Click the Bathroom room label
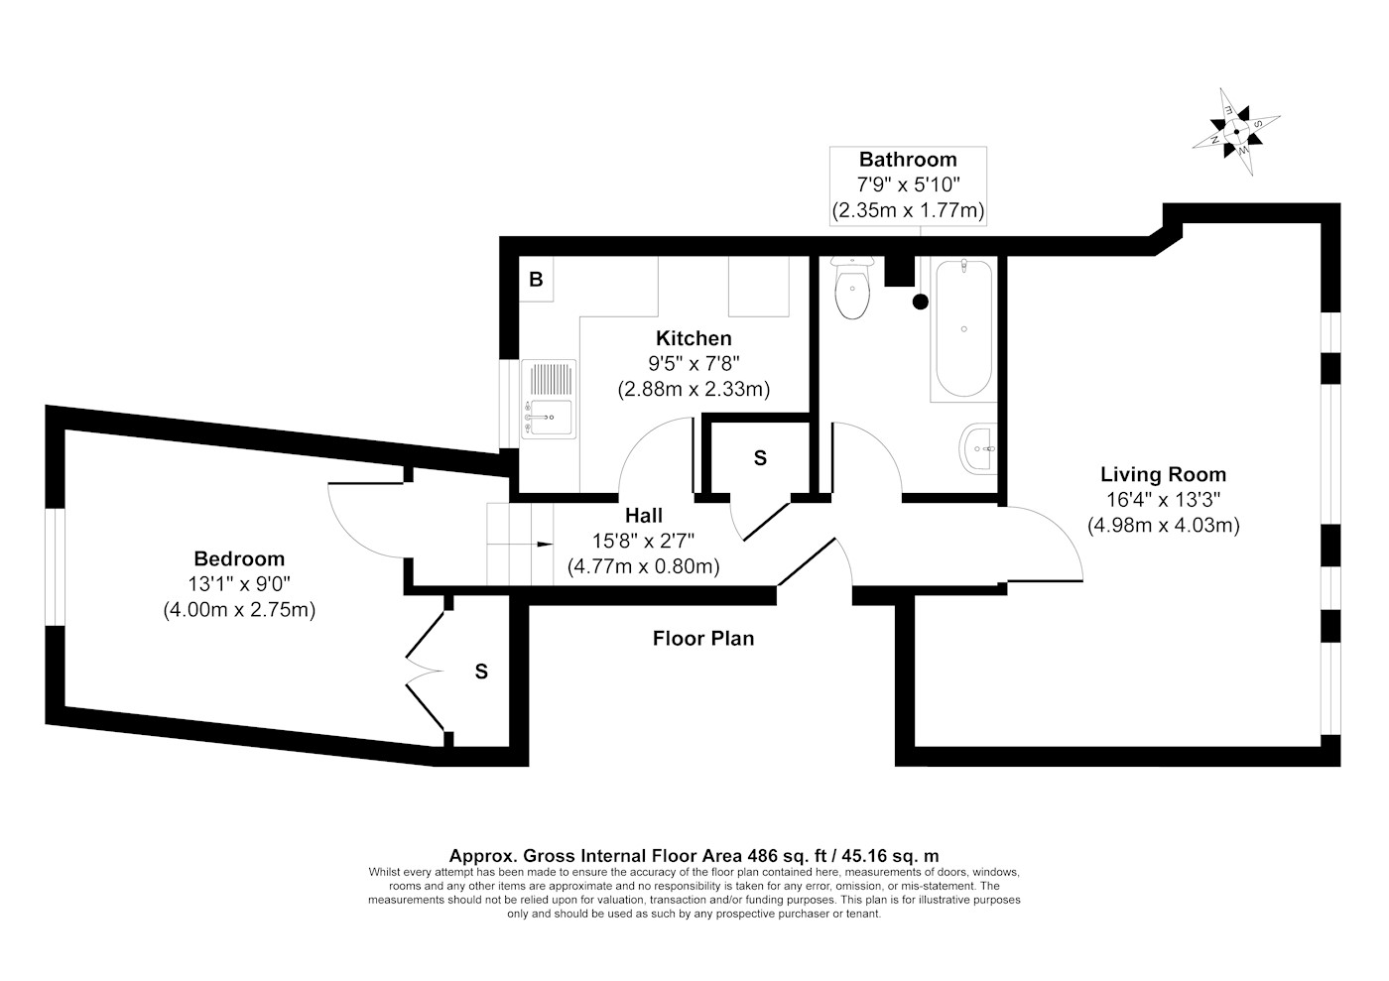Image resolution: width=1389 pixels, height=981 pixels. point(908,160)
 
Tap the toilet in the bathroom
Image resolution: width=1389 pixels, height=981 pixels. point(852,288)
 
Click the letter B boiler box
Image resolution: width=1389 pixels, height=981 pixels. point(537,280)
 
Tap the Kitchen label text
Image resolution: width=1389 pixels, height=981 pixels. point(694,338)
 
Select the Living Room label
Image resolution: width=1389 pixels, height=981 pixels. point(1163,474)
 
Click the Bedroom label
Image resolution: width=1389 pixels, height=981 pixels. point(239,558)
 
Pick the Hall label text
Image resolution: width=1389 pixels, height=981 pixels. point(644,516)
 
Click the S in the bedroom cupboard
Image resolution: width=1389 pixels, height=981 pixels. point(481,672)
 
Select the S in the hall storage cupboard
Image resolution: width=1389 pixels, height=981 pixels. point(760,458)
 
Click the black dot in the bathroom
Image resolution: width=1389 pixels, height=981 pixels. point(921,302)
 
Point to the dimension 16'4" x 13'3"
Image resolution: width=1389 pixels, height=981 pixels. point(1163,500)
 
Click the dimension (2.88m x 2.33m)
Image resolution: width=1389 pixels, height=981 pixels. point(694,390)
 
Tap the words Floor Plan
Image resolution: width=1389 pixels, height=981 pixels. point(703,638)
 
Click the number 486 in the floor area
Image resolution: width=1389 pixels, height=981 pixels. point(763,856)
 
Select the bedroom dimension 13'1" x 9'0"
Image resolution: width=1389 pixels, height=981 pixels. point(239,584)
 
